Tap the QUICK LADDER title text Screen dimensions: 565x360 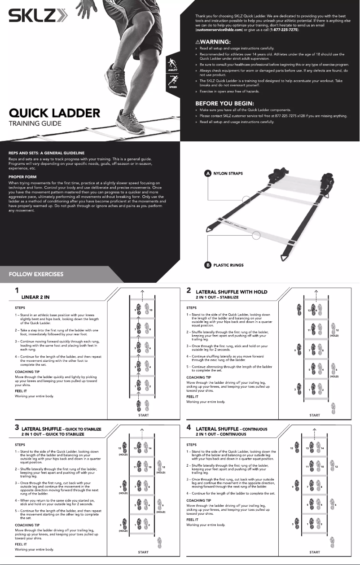[x=54, y=113]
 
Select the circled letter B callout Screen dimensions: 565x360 [x=208, y=265]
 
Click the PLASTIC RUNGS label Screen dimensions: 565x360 [x=228, y=265]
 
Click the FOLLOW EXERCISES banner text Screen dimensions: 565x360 [x=36, y=274]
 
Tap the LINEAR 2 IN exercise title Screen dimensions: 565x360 [x=39, y=297]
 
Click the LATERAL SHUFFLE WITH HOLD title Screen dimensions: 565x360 [x=231, y=292]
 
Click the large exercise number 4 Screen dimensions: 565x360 [x=189, y=428]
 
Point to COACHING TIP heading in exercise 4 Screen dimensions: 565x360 [x=198, y=500]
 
